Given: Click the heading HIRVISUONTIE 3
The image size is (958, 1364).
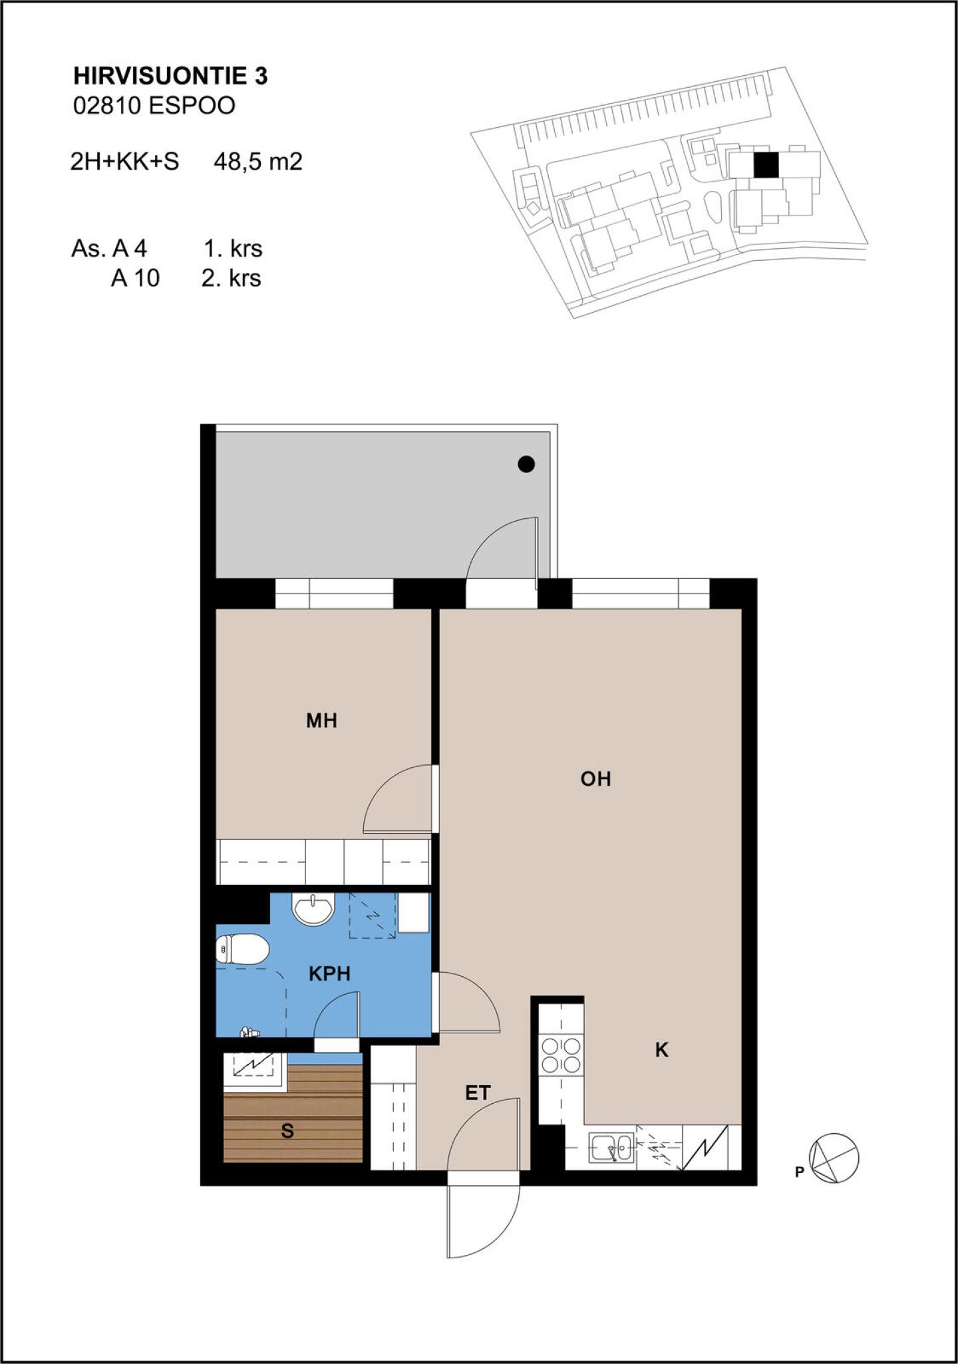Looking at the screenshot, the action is coord(170,77).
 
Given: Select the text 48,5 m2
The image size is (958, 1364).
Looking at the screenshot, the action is coord(258,162).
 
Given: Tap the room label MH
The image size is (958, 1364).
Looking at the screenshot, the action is coord(321,721).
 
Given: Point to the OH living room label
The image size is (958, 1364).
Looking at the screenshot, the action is coord(595,779).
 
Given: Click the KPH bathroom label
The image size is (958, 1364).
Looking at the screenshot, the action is coord(329,974).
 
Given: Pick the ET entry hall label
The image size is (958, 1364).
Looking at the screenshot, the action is coord(478,1093).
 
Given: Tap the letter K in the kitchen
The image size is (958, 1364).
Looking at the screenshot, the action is coord(661,1050).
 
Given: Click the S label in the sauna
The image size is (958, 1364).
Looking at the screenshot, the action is coord(287,1130).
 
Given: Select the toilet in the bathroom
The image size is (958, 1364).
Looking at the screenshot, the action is coord(241,949).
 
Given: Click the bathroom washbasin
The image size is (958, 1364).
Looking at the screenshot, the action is coord(314,909).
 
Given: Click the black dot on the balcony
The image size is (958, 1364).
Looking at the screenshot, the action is coord(526,464).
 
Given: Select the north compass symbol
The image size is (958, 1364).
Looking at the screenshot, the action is coord(833,1158).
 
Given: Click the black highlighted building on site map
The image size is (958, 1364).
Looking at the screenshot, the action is coord(766,165).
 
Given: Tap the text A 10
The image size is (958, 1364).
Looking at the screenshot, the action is coord(135,278).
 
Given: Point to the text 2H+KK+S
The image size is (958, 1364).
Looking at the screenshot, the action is coord(125,162).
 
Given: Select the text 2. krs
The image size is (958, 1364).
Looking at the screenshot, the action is coord(232,278).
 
